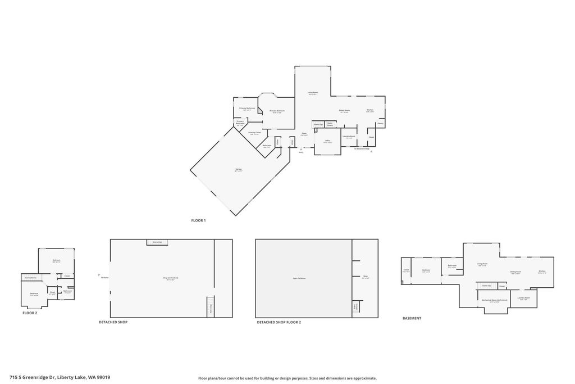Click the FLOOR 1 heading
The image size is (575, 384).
[x=198, y=220]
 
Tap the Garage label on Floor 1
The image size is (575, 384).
[x=239, y=169]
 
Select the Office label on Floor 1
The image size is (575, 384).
[x=327, y=141]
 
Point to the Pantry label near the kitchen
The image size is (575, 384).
[x=380, y=123]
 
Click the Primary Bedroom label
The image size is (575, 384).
[x=277, y=111]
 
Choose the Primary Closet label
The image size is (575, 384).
[x=254, y=133]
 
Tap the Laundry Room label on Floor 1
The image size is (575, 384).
[x=349, y=136]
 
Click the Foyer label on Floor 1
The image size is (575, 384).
[x=304, y=134]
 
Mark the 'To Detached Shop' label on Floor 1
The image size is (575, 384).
[x=362, y=148]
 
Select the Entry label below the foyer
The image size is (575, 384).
[x=301, y=152]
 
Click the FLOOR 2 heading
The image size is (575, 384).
[x=30, y=313]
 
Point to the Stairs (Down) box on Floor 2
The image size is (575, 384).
[x=30, y=277]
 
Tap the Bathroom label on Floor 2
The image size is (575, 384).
[x=67, y=291]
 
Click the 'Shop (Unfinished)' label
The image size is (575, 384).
[x=170, y=278]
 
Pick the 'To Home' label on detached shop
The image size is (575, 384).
[x=104, y=278]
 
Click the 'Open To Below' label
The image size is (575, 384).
[x=299, y=278]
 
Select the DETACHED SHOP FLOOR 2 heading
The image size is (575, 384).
[x=279, y=322]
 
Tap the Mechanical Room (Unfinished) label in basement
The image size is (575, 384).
[x=494, y=300]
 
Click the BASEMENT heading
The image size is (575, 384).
[x=412, y=318]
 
